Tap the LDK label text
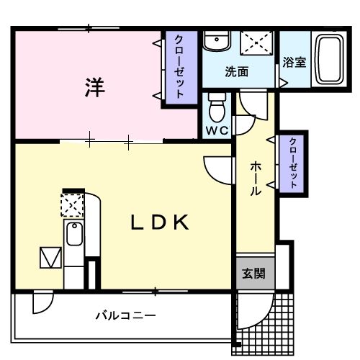click(x=159, y=222)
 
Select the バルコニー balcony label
click(x=127, y=315)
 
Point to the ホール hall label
click(x=256, y=179)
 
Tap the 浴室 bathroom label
click(x=294, y=62)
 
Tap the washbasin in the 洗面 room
click(x=214, y=42)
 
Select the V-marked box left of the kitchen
click(x=50, y=258)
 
